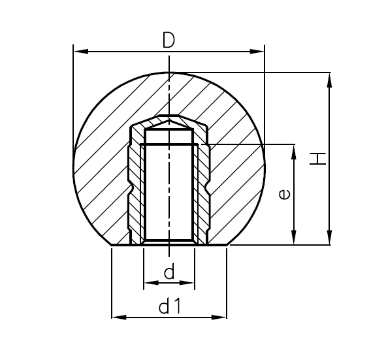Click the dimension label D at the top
[169, 40]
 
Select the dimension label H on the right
[317, 158]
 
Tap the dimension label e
[283, 194]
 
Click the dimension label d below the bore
[169, 272]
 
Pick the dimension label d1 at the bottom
[169, 306]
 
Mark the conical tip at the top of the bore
[169, 122]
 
